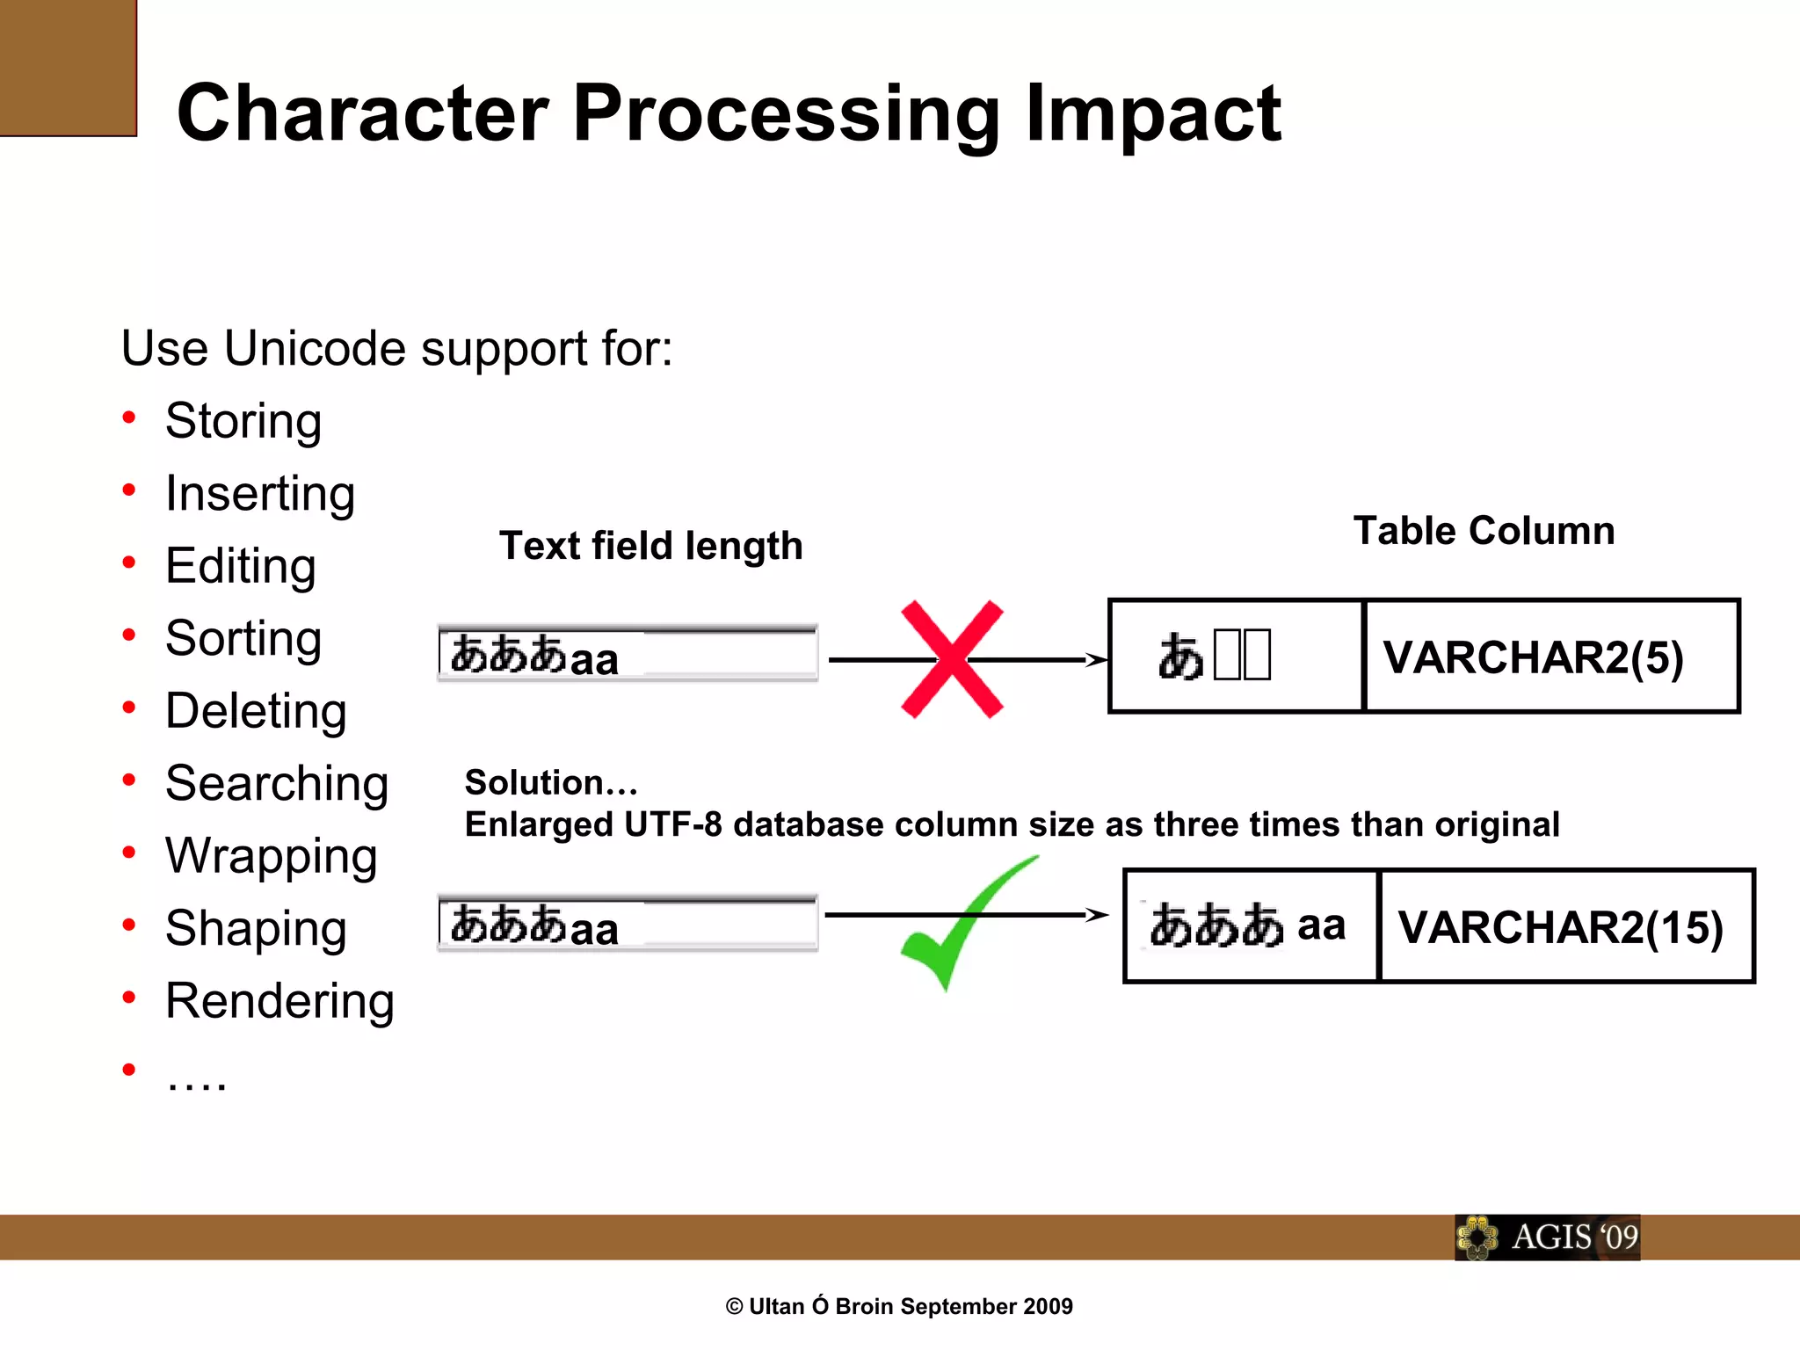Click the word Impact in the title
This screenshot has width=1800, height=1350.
point(1152,113)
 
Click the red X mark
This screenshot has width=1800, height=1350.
point(952,659)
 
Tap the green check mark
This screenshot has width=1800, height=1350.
point(958,923)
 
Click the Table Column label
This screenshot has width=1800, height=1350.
point(1484,531)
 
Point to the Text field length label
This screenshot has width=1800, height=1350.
point(650,546)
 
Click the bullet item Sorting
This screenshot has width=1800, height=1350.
point(243,638)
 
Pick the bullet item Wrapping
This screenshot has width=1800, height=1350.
point(271,855)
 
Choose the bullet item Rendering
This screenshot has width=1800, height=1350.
point(279,1000)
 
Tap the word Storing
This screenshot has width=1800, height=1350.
point(243,421)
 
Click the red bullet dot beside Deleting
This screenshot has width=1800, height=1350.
point(129,708)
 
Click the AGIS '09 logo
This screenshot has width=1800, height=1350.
point(1547,1237)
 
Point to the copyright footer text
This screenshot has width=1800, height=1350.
point(899,1306)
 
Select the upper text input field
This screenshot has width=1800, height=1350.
point(628,653)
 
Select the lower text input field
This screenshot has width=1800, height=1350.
point(628,924)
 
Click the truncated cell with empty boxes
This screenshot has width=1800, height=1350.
point(1235,657)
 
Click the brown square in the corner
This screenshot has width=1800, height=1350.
point(68,68)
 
